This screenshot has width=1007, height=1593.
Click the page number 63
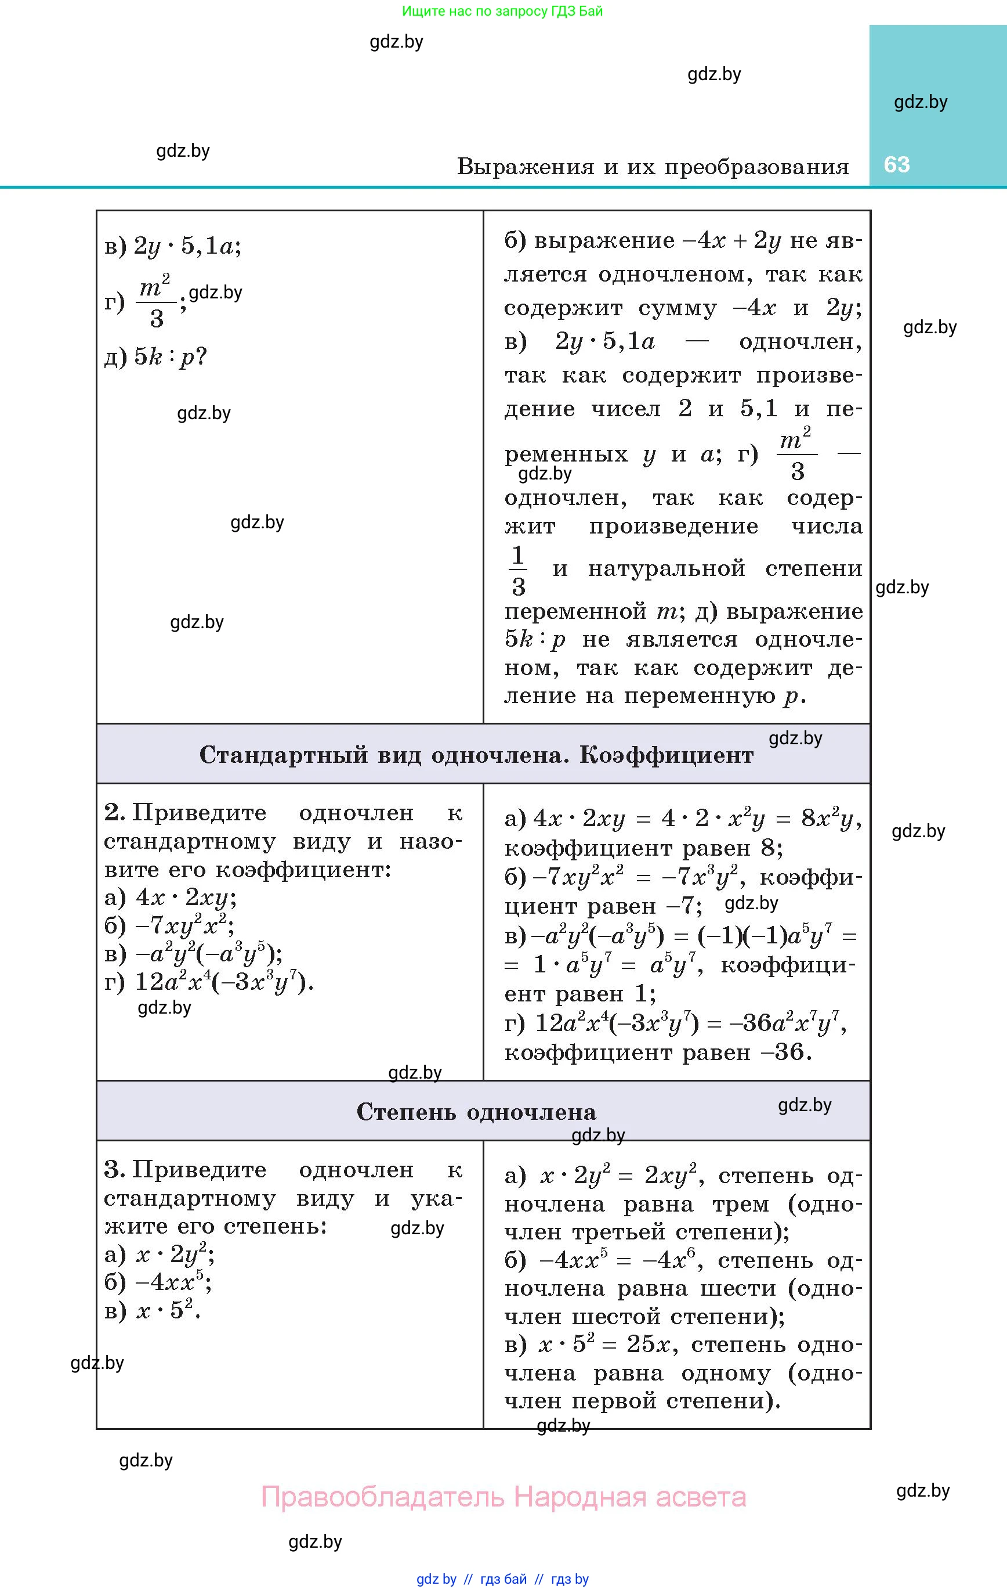(897, 164)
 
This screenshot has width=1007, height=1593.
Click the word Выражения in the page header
(526, 167)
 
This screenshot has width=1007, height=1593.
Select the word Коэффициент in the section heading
(666, 755)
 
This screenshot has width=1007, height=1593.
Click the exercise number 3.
(114, 1170)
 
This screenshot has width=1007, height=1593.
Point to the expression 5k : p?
(171, 357)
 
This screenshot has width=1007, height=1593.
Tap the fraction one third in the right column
(518, 570)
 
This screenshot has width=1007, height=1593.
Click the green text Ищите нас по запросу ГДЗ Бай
(502, 10)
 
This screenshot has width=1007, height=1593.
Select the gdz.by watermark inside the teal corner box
(921, 102)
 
